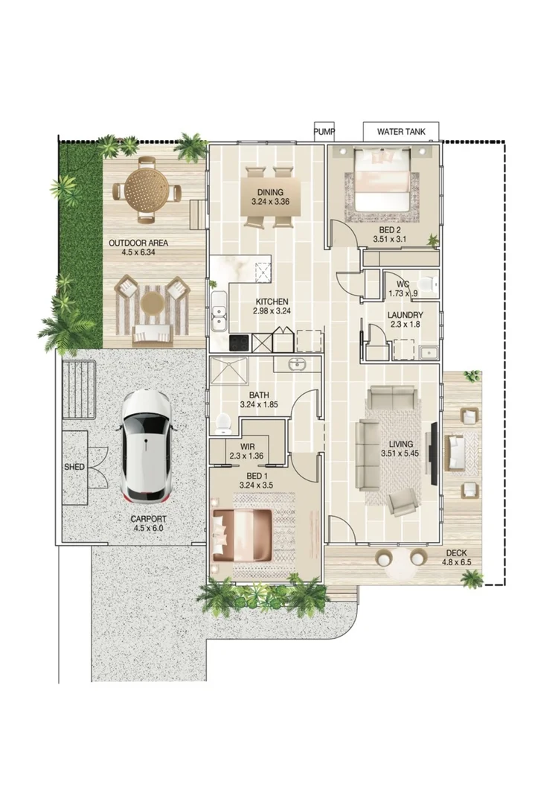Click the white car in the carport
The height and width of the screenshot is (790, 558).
pos(146,445)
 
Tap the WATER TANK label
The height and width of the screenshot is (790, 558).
pos(401,132)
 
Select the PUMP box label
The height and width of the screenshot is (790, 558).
pos(324,132)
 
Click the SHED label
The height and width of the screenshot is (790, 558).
pos(74,467)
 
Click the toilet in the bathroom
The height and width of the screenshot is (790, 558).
pos(222,424)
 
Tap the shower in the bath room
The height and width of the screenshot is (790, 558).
pos(229,372)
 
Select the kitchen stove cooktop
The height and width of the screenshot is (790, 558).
pos(240,343)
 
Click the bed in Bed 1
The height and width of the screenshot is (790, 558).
pos(243,535)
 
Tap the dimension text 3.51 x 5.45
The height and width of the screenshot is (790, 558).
pos(401,453)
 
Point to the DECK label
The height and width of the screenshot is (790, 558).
pos(456,553)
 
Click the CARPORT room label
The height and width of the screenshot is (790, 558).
pos(148,519)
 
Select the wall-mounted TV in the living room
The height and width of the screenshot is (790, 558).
pos(433,453)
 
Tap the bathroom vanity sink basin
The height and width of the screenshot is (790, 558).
pos(295,364)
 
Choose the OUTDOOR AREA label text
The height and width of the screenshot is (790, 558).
pos(138,243)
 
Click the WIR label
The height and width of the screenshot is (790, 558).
pos(247,447)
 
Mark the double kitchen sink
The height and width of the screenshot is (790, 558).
pos(219,312)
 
